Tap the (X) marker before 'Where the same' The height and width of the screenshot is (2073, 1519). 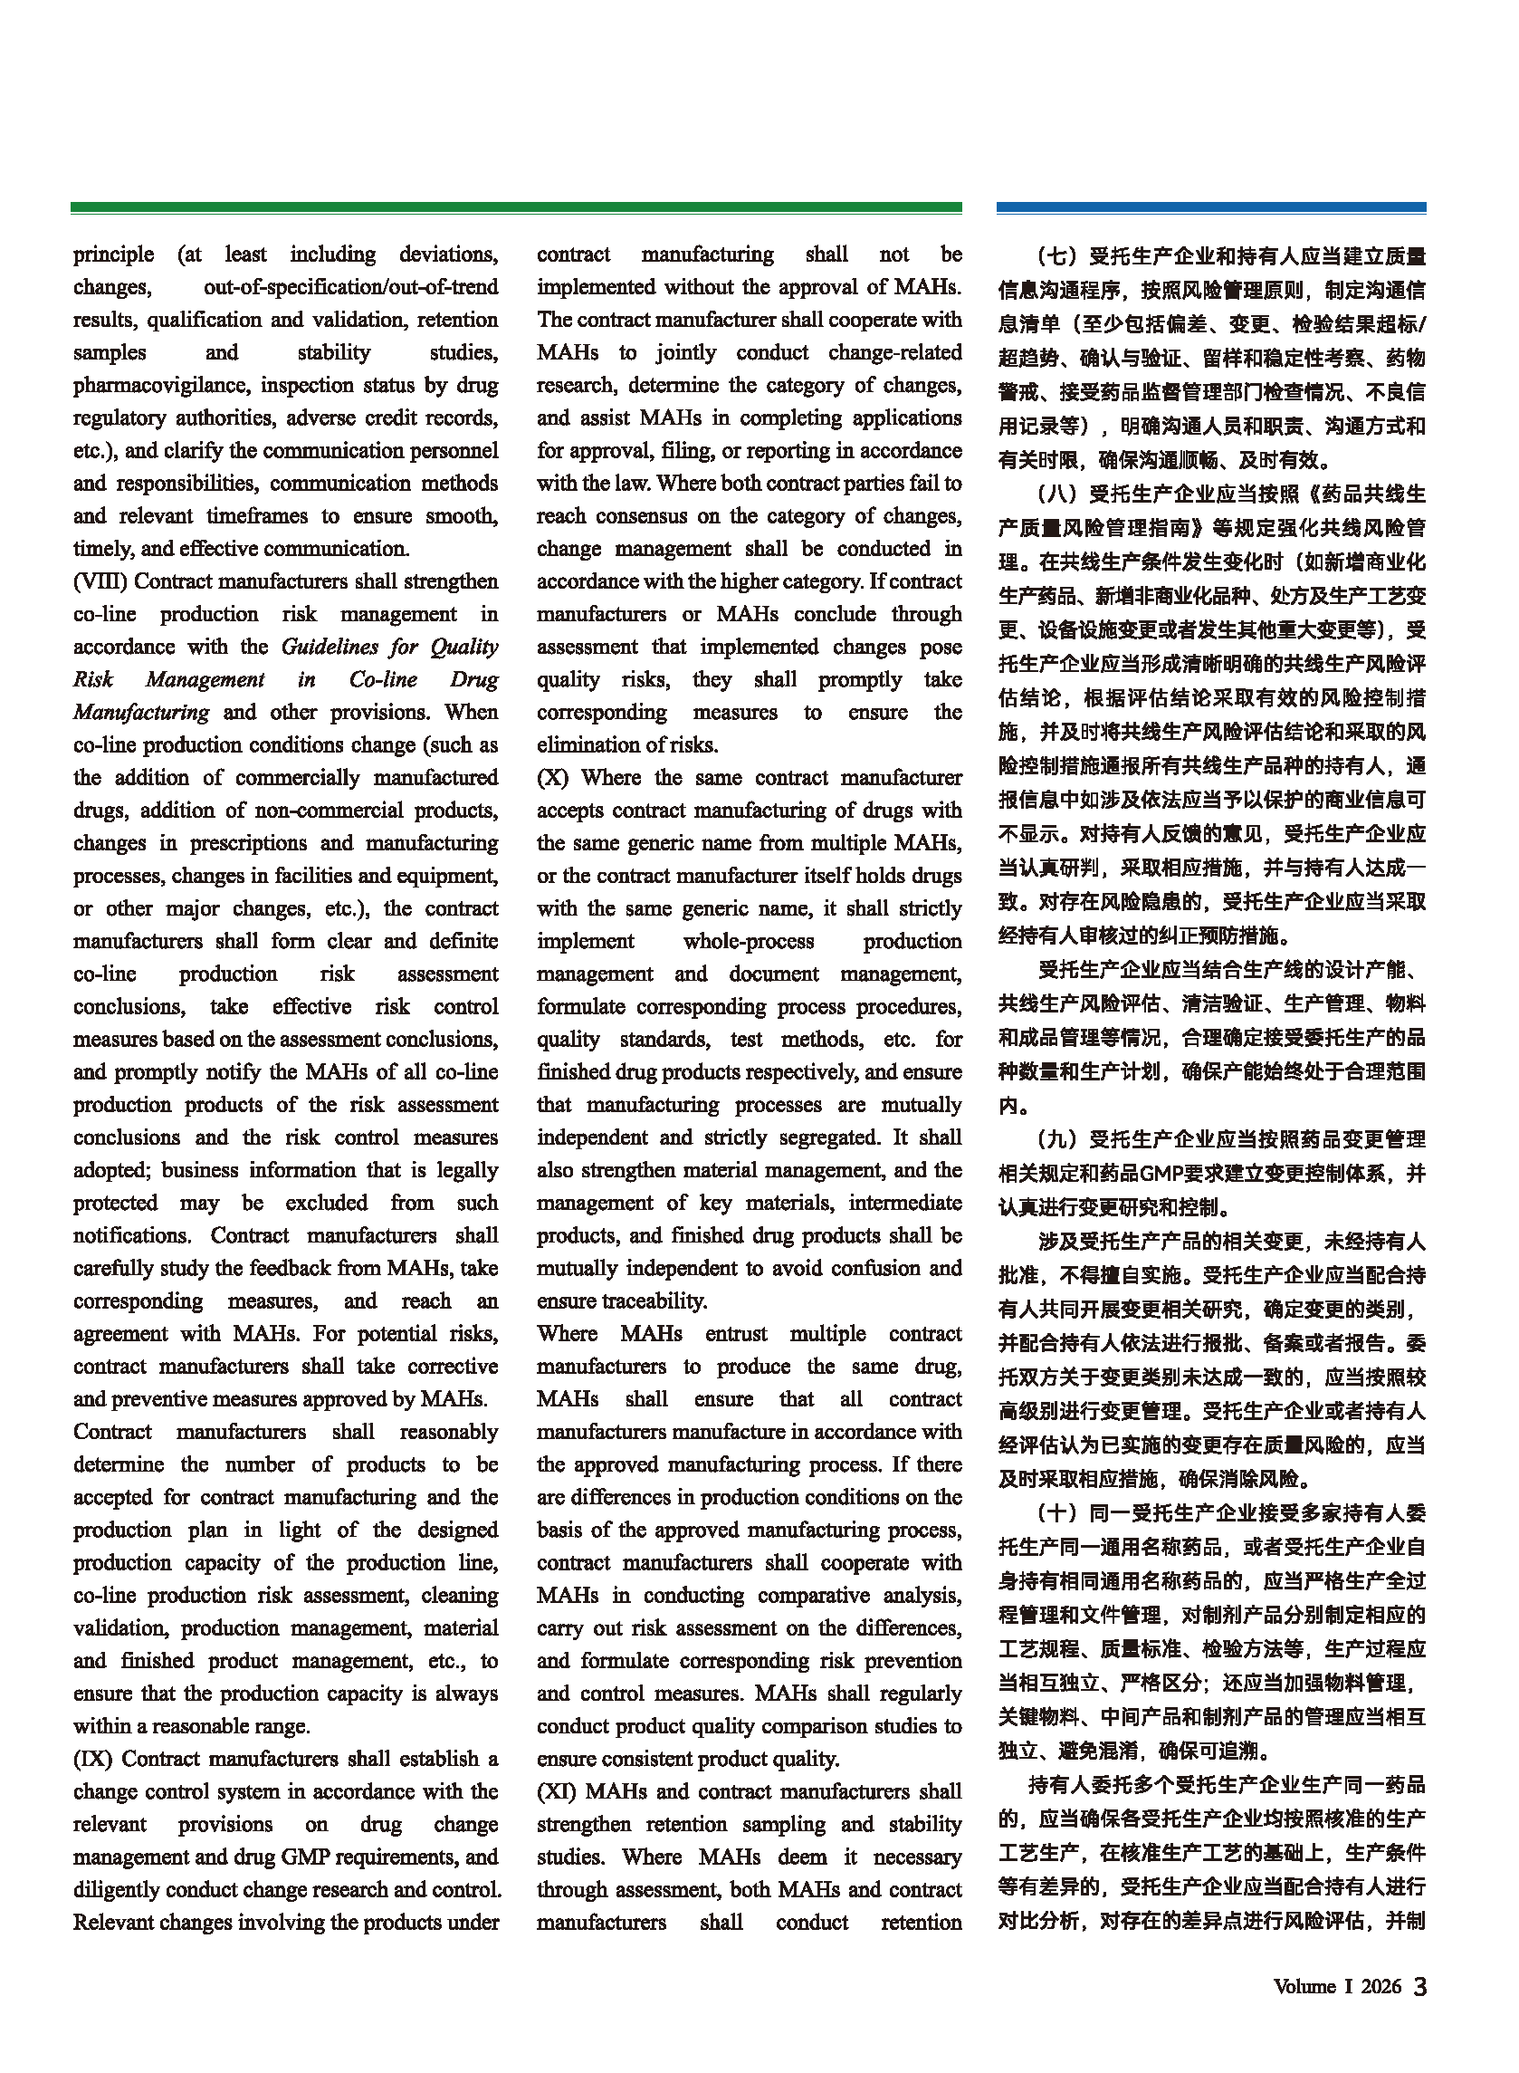553,777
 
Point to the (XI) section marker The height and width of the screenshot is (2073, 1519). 558,1790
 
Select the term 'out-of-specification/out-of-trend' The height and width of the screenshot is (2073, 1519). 350,287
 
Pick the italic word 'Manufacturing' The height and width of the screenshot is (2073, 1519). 140,712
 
